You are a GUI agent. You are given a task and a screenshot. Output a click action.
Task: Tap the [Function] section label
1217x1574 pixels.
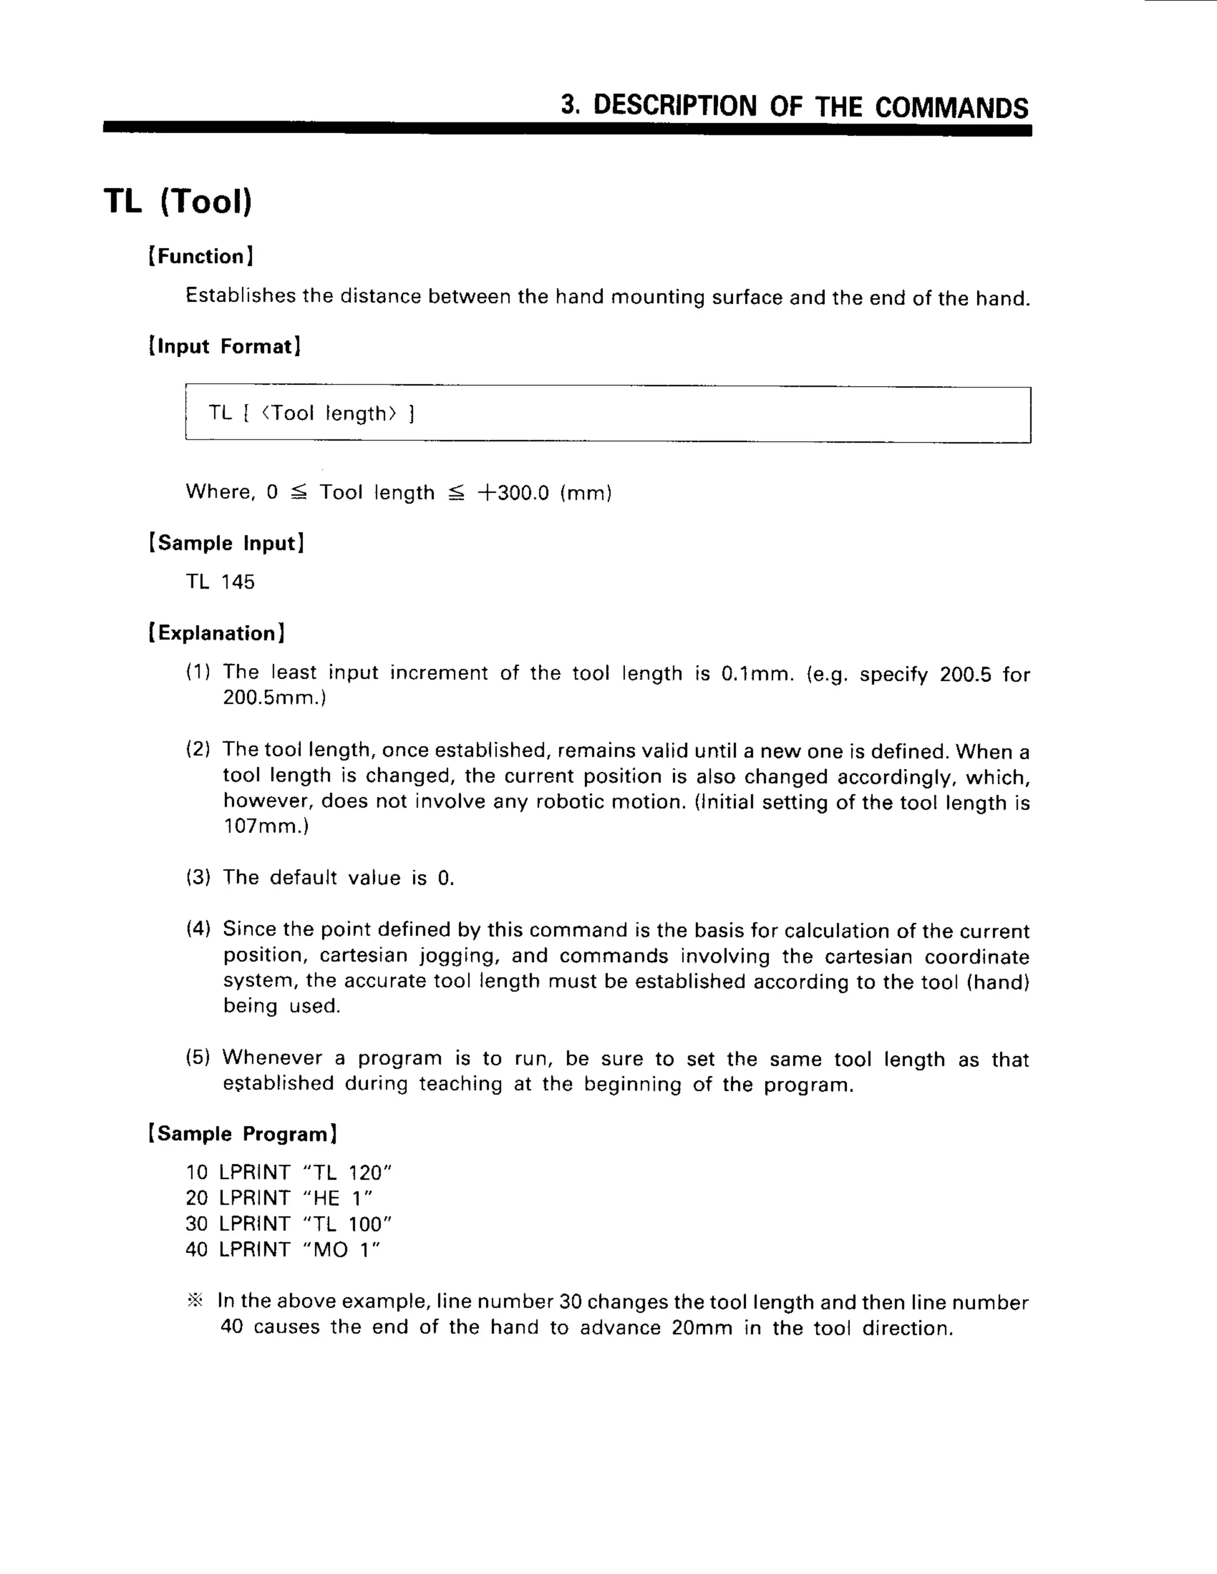point(200,257)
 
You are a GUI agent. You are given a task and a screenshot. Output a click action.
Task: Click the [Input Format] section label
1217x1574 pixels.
point(224,347)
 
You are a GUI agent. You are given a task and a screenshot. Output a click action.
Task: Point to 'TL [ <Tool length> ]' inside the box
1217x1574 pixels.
point(311,413)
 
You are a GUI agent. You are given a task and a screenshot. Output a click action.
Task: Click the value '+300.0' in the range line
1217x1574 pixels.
point(513,493)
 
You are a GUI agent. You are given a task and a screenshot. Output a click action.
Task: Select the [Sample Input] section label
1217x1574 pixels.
point(226,543)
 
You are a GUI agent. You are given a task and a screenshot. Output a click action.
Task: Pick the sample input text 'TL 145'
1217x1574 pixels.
point(220,582)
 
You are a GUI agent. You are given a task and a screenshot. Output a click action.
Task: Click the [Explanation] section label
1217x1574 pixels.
point(216,634)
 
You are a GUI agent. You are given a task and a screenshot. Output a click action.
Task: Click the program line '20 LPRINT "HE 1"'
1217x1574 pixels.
point(279,1198)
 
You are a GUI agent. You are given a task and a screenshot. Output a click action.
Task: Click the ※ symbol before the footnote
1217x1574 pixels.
point(196,1301)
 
